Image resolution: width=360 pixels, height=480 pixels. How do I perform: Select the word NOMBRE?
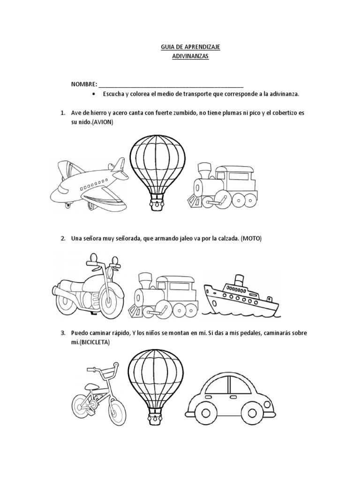coord(83,85)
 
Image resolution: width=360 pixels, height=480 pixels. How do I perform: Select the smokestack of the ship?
coord(238,279)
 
